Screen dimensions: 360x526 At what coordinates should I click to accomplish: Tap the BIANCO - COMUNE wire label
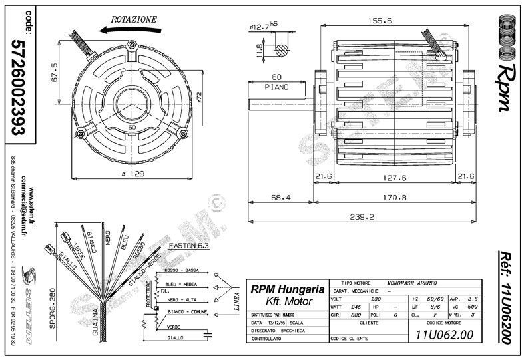185,311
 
